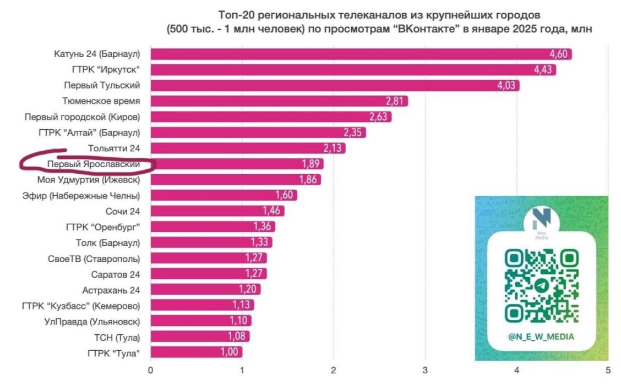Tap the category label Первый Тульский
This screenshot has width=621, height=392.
coord(102,85)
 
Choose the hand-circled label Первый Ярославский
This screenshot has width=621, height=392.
coord(93,164)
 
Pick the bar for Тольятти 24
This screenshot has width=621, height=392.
coord(248,148)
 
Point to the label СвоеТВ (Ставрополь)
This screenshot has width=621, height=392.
coord(94,258)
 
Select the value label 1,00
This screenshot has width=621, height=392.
coord(231,352)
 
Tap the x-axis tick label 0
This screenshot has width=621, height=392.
coord(150,371)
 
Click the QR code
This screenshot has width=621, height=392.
coord(541,285)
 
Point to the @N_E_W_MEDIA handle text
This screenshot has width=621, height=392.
coord(542,336)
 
